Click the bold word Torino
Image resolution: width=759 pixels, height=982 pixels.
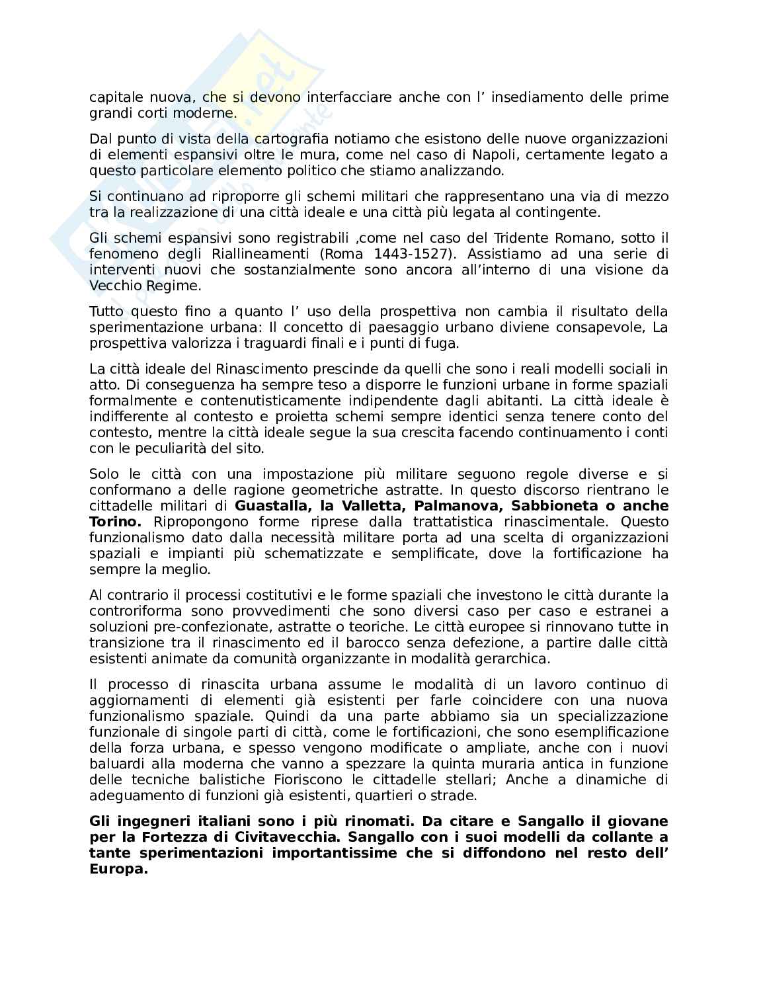pos(110,522)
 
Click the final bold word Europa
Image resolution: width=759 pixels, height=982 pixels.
pos(117,869)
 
